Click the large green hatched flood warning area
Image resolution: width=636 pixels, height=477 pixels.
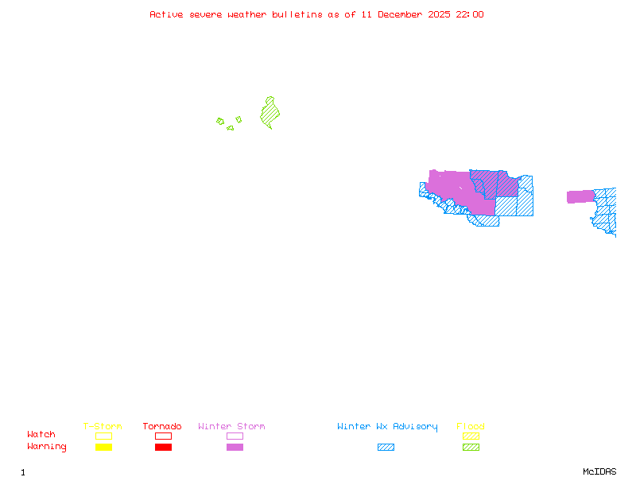(x=270, y=114)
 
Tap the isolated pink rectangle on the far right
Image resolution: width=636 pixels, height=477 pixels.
(x=580, y=196)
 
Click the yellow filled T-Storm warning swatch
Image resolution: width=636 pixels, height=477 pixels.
(x=103, y=448)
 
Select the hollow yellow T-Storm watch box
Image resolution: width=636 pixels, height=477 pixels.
(x=103, y=436)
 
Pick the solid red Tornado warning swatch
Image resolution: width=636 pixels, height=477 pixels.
(x=163, y=448)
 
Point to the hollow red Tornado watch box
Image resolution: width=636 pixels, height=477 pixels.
(x=163, y=436)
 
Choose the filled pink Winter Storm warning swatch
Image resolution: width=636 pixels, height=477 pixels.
(x=235, y=448)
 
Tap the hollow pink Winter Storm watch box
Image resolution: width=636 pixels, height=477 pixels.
(x=235, y=436)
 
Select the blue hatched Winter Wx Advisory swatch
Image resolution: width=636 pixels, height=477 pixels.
(x=386, y=448)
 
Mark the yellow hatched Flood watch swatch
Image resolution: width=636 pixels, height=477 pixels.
(x=471, y=436)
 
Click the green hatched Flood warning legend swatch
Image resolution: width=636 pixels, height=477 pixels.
(x=471, y=448)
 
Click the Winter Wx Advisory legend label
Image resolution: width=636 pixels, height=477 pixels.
(x=387, y=427)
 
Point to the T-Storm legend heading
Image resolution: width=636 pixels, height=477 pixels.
(x=103, y=427)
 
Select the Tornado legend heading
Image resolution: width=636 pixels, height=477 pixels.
(x=162, y=427)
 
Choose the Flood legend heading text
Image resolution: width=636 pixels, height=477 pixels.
(x=471, y=427)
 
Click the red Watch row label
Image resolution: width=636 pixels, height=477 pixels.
(x=41, y=435)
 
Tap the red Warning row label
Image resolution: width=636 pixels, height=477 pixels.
(x=47, y=447)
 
